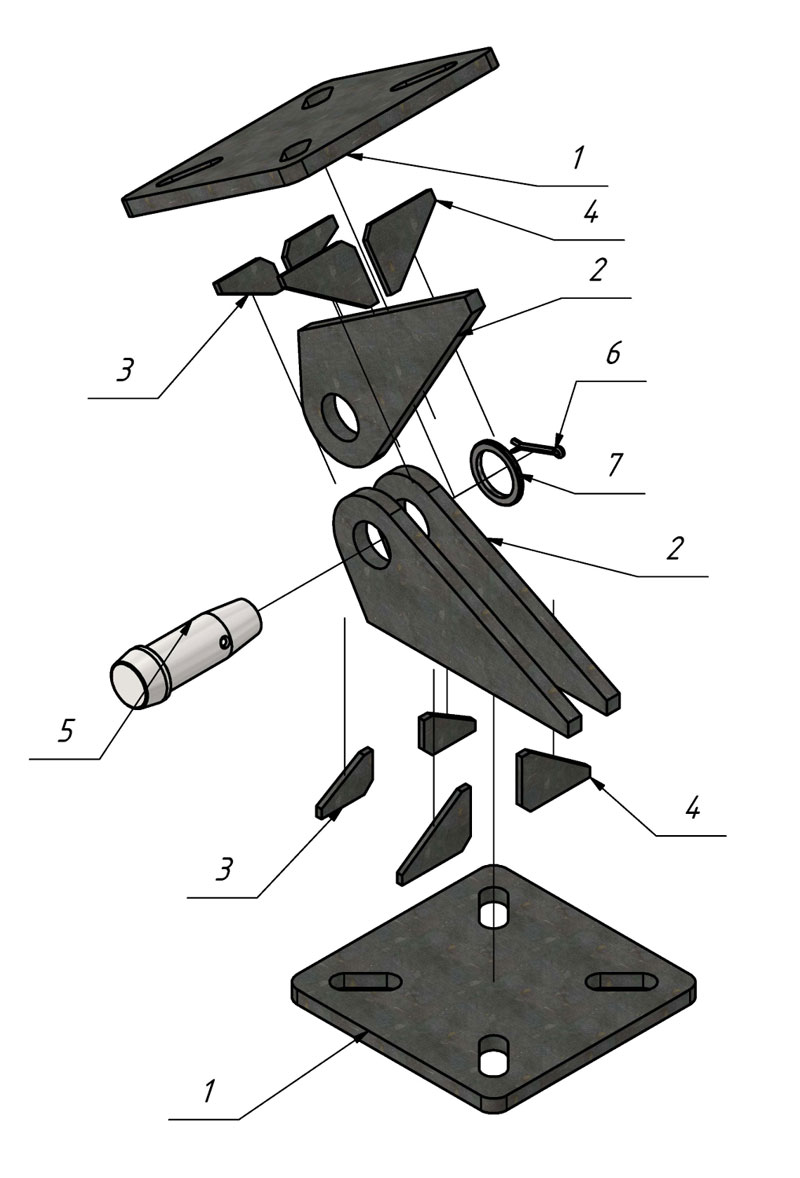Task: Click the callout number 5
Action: coord(67,731)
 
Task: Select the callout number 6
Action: coord(612,354)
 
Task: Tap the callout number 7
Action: coord(614,465)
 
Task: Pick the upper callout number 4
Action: coord(590,213)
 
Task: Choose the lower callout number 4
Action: coord(692,809)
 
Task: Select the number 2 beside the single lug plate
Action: coord(596,271)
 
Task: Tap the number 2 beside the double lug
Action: coord(674,548)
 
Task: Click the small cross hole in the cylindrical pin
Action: coord(223,641)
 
